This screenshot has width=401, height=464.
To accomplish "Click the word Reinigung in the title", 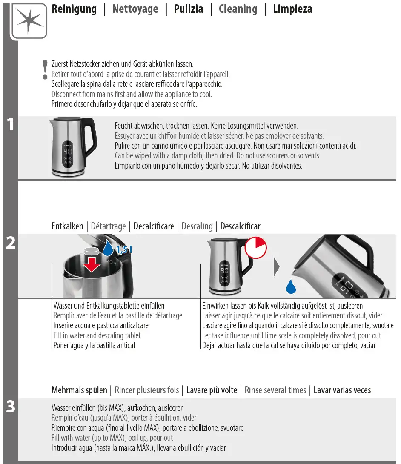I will point(74,9).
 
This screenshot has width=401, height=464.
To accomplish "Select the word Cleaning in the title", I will point(238,9).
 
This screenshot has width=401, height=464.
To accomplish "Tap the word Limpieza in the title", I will point(292,9).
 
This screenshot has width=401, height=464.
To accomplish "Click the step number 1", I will point(10,125).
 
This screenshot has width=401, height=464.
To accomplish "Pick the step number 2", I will point(10,243).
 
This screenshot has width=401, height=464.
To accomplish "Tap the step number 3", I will point(10,407).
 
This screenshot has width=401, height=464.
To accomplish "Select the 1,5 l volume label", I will point(124,250).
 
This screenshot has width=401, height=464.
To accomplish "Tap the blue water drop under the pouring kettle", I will point(291,286).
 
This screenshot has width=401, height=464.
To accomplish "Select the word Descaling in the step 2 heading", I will point(197,226).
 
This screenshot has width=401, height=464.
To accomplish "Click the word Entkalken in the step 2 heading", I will point(67,226).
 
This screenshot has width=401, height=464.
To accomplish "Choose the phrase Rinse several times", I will point(275,390).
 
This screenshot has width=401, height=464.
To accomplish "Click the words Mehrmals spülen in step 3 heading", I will point(79,390).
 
